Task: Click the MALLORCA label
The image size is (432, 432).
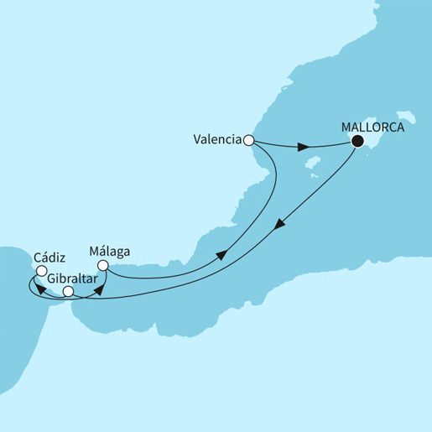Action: [374, 128]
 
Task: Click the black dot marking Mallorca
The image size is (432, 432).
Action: [358, 141]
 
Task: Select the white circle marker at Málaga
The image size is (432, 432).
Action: [103, 266]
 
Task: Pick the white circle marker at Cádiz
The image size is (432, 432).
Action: [40, 270]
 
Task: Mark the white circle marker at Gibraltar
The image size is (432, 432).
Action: [69, 292]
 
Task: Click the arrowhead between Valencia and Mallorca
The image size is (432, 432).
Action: [308, 148]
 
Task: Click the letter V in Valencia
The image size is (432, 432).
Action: [196, 141]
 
